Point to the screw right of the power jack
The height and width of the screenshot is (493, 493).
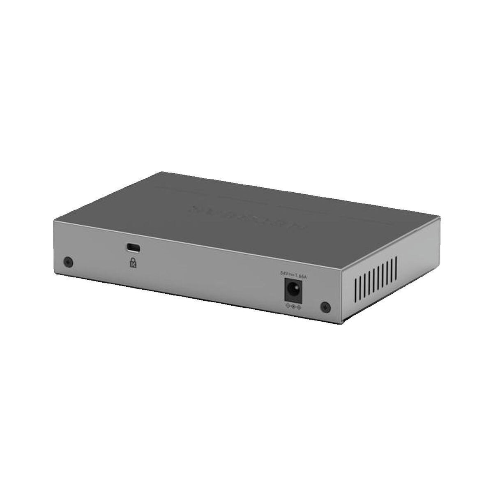[x=325, y=306]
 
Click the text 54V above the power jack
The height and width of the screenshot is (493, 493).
[x=283, y=272]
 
